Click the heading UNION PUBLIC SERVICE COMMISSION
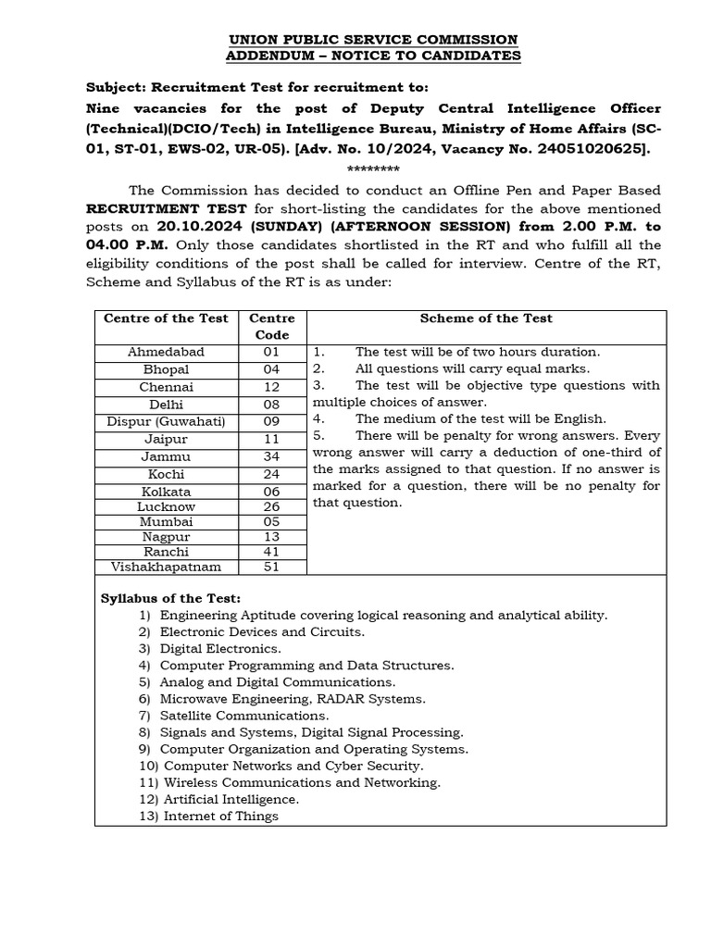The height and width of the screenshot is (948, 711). (373, 40)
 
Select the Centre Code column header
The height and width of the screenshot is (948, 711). (271, 326)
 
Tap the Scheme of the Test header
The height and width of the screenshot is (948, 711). (486, 318)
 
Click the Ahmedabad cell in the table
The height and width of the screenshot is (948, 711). (167, 352)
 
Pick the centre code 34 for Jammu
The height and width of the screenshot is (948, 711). (271, 456)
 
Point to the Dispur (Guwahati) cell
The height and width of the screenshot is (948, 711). (167, 422)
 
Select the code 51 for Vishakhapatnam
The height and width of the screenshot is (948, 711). (271, 567)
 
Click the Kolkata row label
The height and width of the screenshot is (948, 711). (167, 492)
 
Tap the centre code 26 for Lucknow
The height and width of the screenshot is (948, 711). (271, 506)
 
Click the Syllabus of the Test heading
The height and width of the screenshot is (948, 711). (170, 598)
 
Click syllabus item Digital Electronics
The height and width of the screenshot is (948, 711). (220, 649)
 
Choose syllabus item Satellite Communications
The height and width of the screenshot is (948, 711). (243, 716)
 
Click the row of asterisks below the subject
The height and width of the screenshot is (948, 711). (373, 169)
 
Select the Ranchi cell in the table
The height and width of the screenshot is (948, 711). (167, 551)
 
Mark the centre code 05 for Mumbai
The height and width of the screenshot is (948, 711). (271, 521)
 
